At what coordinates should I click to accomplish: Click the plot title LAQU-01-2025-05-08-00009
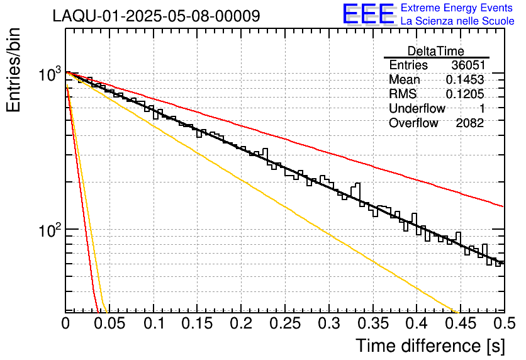[x=156, y=16]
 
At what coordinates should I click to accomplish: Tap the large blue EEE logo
[x=369, y=14]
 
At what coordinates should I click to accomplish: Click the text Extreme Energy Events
[x=457, y=8]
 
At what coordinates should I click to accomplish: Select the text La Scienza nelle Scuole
[x=457, y=21]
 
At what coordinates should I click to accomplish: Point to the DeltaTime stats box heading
[x=436, y=51]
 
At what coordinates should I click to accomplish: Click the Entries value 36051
[x=468, y=65]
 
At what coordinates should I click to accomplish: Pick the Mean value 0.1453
[x=465, y=79]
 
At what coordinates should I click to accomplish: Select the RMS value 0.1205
[x=465, y=94]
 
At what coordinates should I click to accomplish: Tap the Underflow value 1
[x=482, y=108]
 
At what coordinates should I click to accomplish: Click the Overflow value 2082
[x=469, y=123]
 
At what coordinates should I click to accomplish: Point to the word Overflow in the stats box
[x=413, y=123]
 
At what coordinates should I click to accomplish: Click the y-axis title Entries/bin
[x=13, y=70]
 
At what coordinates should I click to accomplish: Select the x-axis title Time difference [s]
[x=430, y=346]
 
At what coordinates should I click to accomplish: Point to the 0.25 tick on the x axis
[x=285, y=323]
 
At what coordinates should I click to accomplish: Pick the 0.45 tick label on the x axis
[x=461, y=323]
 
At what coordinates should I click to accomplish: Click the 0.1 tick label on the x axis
[x=154, y=323]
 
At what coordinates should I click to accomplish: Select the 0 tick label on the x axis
[x=65, y=323]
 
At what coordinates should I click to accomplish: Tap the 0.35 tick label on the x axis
[x=373, y=323]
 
